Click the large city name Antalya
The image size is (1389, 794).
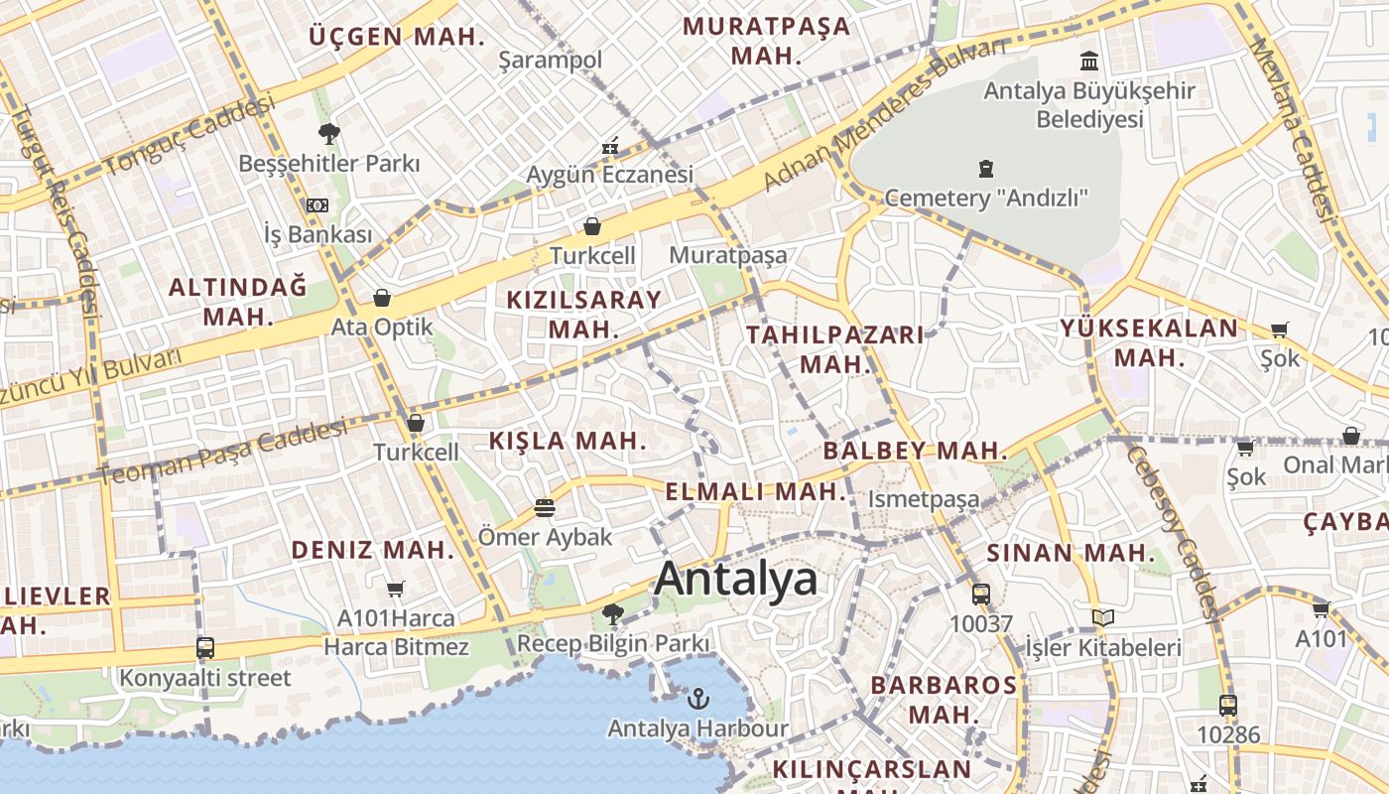[x=736, y=579]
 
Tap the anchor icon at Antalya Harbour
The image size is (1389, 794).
[x=698, y=699]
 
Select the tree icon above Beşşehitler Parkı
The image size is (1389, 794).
[x=328, y=133]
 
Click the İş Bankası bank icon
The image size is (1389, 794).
[x=316, y=204]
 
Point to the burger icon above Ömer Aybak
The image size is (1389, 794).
[x=544, y=508]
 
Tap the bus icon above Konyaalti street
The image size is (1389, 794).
[x=205, y=648]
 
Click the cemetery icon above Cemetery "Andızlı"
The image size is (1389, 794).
[x=985, y=169]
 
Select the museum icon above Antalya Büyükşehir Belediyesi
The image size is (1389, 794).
[x=1089, y=62]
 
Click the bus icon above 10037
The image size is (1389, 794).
[x=980, y=595]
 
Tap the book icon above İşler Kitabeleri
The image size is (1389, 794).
[x=1102, y=618]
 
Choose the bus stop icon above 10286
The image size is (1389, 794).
[x=1227, y=706]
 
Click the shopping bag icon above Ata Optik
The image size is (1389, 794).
[x=381, y=298]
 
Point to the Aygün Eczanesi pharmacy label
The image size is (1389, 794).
[x=609, y=175]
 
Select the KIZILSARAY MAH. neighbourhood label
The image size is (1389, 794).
[x=583, y=314]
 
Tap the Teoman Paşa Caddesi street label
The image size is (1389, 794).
[x=223, y=454]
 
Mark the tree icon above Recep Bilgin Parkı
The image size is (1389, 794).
[x=613, y=614]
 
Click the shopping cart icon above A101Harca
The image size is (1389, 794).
[x=396, y=589]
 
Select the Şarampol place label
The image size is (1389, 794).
[x=550, y=61]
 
